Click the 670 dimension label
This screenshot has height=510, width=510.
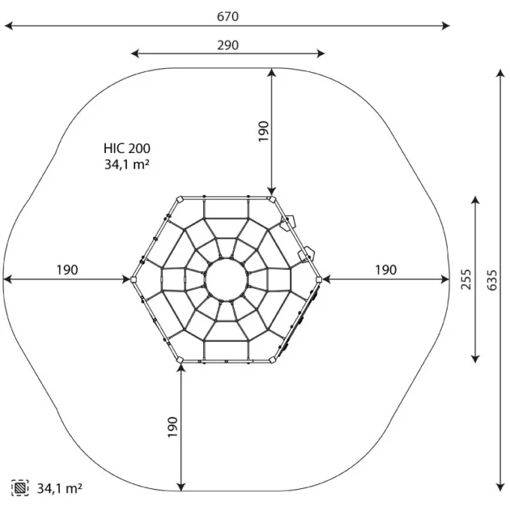pos(228,16)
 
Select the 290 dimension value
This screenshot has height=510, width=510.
pos(228,45)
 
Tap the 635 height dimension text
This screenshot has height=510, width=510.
pos(492,280)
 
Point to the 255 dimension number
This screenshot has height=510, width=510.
pos(466,280)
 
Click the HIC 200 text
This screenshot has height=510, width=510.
pos(127,148)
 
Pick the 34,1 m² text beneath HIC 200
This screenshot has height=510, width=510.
pos(127,164)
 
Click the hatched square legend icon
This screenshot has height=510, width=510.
pos(19,488)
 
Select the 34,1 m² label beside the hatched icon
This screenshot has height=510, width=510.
pos(59,488)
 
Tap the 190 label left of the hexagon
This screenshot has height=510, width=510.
pos(67,270)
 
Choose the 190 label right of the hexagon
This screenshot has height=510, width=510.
pos(386,270)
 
